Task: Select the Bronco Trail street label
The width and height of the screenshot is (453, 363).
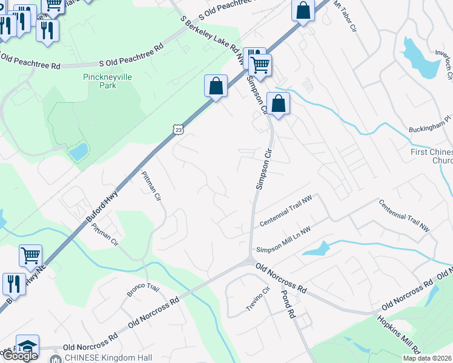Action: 142,289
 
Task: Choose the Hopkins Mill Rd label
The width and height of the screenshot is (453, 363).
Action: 398,334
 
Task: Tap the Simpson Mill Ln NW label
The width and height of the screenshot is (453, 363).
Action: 283,241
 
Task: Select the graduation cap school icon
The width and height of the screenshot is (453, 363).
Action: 27,345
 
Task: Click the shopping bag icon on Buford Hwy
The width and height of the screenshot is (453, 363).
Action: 216,86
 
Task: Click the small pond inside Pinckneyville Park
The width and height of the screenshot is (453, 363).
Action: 78,152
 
